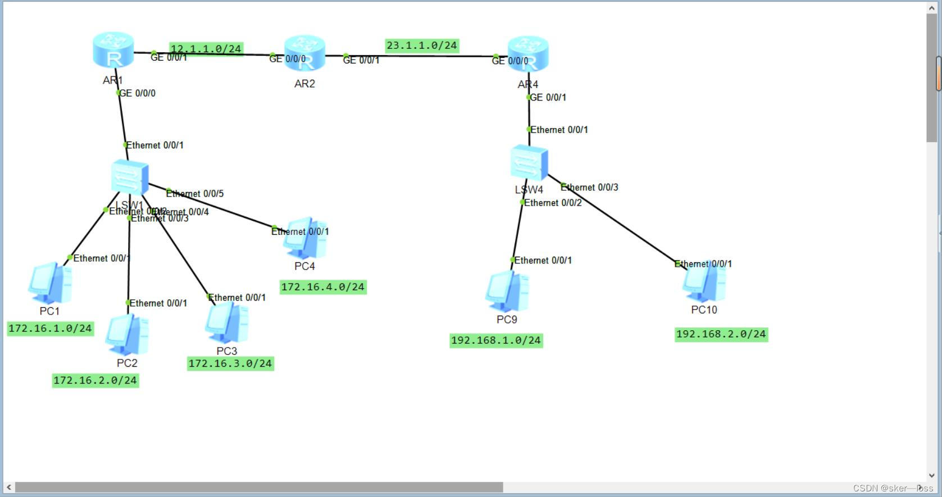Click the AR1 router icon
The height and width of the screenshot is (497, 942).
pyautogui.click(x=113, y=51)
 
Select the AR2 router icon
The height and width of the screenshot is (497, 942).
pyautogui.click(x=304, y=54)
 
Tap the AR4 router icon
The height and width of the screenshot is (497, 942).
pyautogui.click(x=527, y=54)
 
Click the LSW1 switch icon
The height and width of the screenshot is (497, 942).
pyautogui.click(x=130, y=177)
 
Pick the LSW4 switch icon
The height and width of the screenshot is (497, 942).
pyautogui.click(x=529, y=163)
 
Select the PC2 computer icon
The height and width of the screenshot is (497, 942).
pyautogui.click(x=127, y=335)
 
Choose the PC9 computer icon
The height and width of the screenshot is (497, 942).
pyautogui.click(x=507, y=291)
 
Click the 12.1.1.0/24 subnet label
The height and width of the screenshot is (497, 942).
pyautogui.click(x=206, y=49)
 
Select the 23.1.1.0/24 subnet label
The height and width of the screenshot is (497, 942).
pyautogui.click(x=422, y=45)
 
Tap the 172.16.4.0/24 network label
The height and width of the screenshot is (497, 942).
pyautogui.click(x=323, y=287)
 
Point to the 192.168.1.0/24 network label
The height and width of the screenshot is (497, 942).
pyautogui.click(x=496, y=340)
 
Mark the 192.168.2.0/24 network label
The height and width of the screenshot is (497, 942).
pyautogui.click(x=721, y=334)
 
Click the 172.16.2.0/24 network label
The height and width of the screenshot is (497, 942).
pyautogui.click(x=95, y=381)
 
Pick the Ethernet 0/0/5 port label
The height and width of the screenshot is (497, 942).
pyautogui.click(x=195, y=194)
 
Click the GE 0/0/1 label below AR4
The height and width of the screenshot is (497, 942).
pyautogui.click(x=548, y=97)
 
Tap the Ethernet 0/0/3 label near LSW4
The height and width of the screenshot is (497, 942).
pyautogui.click(x=589, y=187)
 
